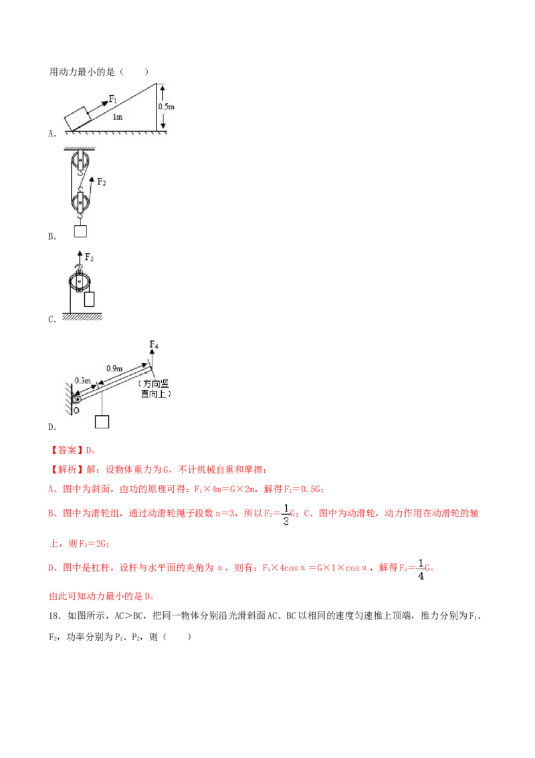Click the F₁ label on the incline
pos(112,98)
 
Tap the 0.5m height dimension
pos(166,106)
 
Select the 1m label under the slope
pos(117,117)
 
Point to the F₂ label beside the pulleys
pos(102,181)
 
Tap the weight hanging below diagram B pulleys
pos(81,230)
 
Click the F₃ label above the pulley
pos(90,257)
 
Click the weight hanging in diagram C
pos(89,299)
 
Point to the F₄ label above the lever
pos(154,345)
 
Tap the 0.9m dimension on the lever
pos(114,368)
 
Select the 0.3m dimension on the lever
pos(82,381)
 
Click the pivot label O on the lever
pos(76,410)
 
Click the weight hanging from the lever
pos(102,422)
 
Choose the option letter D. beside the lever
pos(52,427)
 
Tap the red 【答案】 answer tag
pos(64,450)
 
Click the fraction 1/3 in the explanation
pos(286,515)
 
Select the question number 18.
pos(56,615)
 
